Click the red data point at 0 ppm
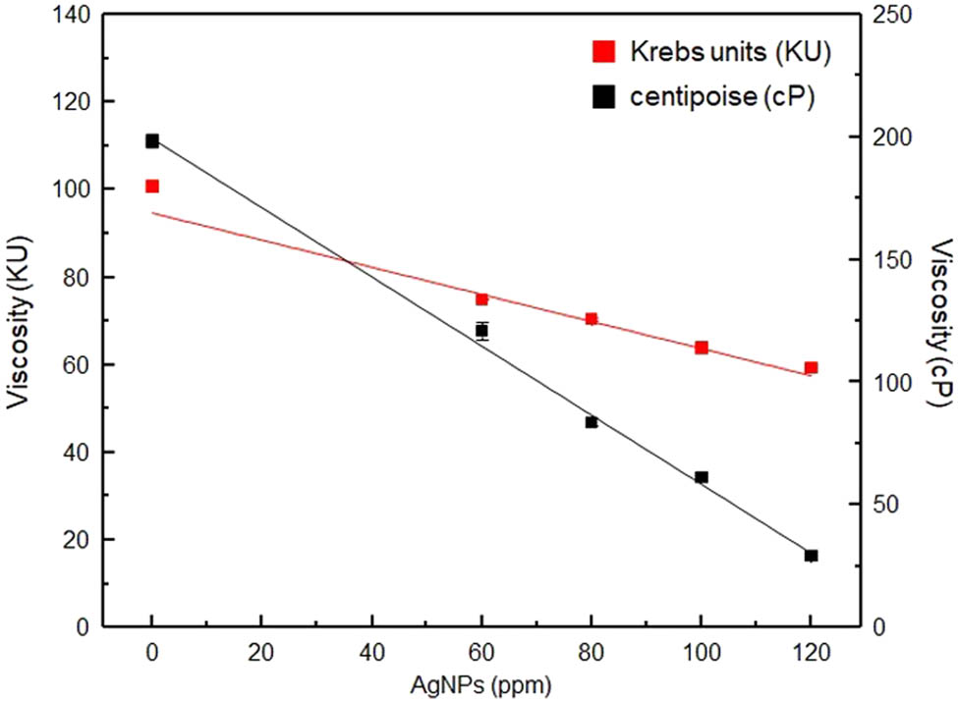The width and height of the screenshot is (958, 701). click(x=152, y=187)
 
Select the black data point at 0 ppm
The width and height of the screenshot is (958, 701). click(x=152, y=141)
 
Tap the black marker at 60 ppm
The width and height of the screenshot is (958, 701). click(x=481, y=330)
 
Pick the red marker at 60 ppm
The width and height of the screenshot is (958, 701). click(x=481, y=299)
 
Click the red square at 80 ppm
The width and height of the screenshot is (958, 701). click(x=592, y=319)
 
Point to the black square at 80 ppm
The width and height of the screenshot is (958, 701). click(x=592, y=422)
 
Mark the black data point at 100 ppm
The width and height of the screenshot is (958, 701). click(x=702, y=477)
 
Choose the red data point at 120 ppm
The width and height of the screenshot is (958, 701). click(x=811, y=368)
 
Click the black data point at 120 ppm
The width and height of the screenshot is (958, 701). click(x=811, y=556)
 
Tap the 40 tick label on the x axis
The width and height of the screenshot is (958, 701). click(x=371, y=651)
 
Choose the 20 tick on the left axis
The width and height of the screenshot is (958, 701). click(x=75, y=540)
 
